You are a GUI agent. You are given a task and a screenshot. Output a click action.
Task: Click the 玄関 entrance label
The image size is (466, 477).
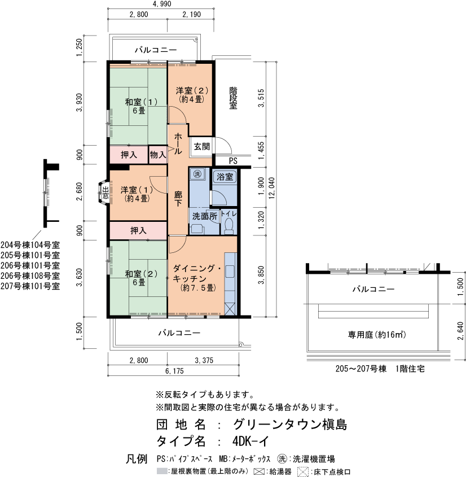(x=201, y=146)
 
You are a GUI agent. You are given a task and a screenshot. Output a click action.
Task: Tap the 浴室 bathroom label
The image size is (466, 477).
(x=225, y=177)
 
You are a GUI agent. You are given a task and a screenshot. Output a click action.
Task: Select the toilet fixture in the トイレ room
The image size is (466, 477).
(x=228, y=226)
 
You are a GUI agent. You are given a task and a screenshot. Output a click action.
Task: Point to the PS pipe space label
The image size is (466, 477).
(x=233, y=161)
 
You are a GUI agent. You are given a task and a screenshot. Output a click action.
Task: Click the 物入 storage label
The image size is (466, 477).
(x=157, y=154)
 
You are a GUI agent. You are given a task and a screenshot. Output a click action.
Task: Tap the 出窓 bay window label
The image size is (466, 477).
(x=105, y=192)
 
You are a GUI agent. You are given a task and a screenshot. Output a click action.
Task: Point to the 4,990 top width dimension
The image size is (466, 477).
(x=161, y=5)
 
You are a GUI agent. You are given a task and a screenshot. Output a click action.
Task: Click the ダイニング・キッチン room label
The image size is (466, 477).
(x=197, y=278)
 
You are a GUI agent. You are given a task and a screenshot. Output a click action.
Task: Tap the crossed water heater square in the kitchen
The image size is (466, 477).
(x=231, y=309)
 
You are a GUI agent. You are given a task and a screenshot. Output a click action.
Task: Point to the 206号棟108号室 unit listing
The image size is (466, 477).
(x=30, y=275)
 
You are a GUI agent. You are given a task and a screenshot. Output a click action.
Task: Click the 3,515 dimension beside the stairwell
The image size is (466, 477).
(x=260, y=98)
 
